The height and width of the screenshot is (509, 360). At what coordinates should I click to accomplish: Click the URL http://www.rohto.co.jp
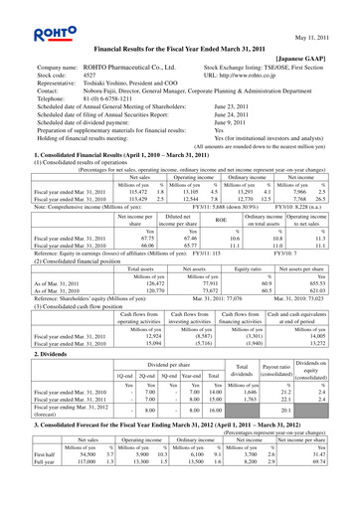(x=252, y=77)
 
